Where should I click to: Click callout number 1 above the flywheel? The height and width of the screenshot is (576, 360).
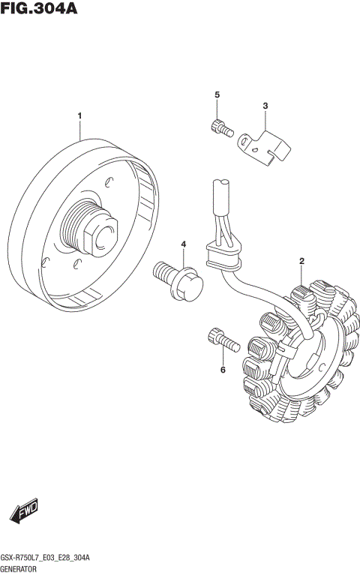click(x=79, y=115)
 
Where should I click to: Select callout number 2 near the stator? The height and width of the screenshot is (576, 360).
click(x=301, y=261)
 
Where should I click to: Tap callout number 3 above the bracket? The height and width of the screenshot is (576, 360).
click(x=265, y=106)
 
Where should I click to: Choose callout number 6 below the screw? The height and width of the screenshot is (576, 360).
click(x=223, y=370)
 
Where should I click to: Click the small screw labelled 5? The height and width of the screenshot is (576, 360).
click(x=219, y=128)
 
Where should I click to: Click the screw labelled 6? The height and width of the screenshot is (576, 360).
click(x=223, y=340)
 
